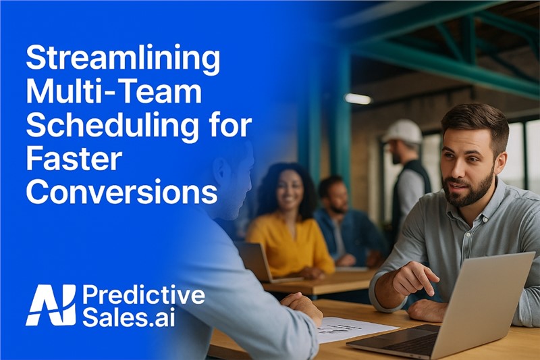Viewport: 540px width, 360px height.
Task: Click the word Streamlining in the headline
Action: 123,60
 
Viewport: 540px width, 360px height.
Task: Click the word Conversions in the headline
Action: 122,191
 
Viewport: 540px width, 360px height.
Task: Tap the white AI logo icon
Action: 51,305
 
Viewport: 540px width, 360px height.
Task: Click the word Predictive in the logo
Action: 143,295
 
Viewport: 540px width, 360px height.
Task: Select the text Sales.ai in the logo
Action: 128,317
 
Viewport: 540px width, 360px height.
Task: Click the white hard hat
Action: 403,131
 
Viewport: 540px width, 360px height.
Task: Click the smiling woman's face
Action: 289,190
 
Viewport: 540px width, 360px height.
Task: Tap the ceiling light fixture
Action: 358,99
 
